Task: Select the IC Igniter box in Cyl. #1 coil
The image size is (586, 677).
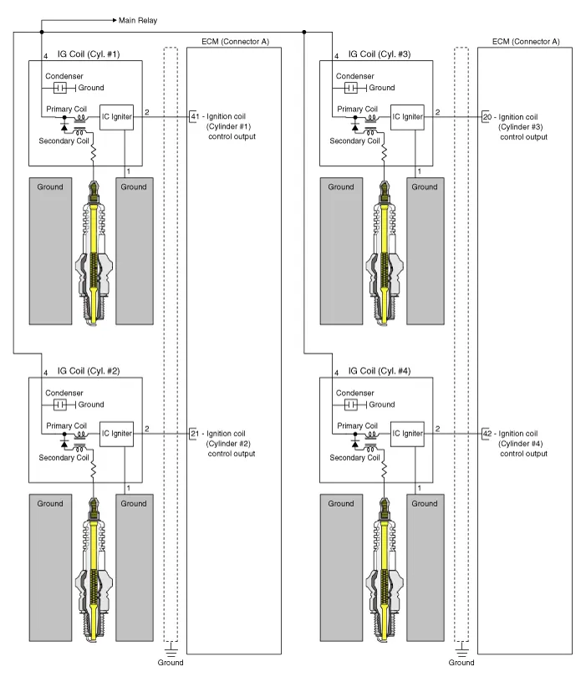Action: [116, 116]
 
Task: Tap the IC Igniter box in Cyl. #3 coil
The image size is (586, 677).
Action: [407, 116]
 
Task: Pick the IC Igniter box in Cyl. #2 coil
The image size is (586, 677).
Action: [116, 433]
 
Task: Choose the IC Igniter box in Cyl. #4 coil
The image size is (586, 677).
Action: [407, 433]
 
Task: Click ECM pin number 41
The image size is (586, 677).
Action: [195, 116]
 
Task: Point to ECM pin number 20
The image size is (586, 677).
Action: [487, 116]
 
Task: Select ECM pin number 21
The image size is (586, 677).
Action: [195, 434]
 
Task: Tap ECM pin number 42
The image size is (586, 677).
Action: [487, 434]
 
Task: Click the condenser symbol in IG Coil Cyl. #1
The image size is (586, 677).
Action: [60, 88]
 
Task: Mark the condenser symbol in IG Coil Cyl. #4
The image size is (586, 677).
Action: [351, 405]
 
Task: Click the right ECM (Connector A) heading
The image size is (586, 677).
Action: [526, 41]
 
